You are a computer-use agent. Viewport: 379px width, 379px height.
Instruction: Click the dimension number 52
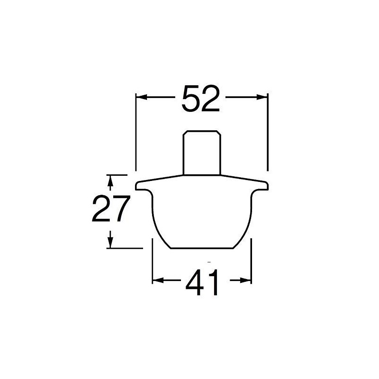pos(200,99)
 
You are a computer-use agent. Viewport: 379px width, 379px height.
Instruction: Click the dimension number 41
pos(202,282)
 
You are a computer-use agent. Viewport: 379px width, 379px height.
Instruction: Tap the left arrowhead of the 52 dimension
pos(141,97)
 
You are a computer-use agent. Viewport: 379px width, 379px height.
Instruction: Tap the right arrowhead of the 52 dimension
pos(262,97)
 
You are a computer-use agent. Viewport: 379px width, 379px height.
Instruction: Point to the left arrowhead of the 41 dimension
pos(158,280)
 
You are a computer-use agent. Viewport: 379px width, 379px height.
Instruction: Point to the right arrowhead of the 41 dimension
pos(246,280)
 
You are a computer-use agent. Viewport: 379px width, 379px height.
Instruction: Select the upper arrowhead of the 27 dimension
pos(110,180)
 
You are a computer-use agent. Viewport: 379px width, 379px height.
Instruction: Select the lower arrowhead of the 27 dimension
pos(110,242)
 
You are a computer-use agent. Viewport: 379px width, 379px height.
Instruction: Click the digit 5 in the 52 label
pos(191,99)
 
